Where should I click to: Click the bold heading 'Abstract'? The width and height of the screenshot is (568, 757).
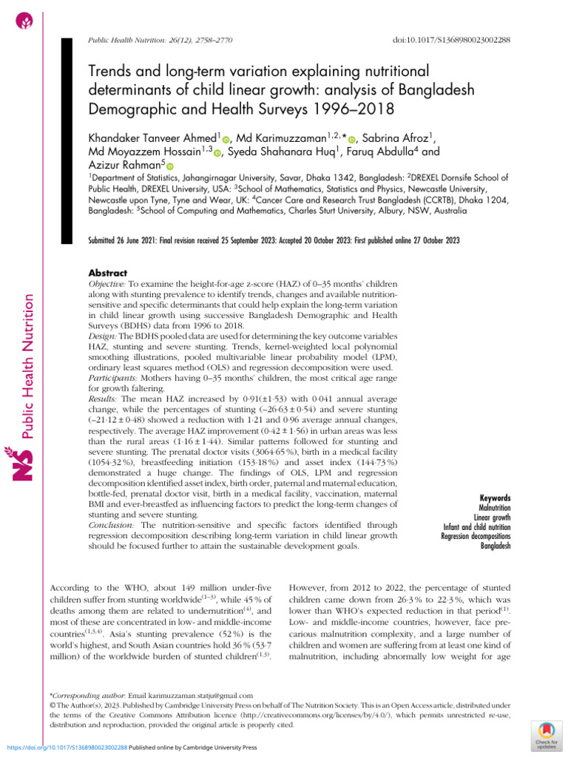click(108, 272)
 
